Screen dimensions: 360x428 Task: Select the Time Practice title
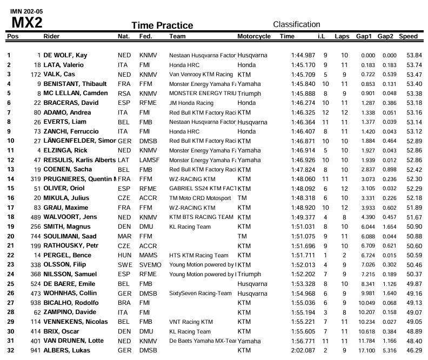point(162,25)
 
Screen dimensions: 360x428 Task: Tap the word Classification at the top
point(297,24)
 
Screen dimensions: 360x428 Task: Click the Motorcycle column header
point(254,36)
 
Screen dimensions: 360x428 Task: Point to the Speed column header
point(409,36)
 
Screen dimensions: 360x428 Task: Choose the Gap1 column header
point(364,36)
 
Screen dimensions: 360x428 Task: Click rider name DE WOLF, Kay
point(66,55)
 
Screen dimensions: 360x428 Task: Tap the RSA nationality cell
point(124,93)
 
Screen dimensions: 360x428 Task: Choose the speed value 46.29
point(414,350)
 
